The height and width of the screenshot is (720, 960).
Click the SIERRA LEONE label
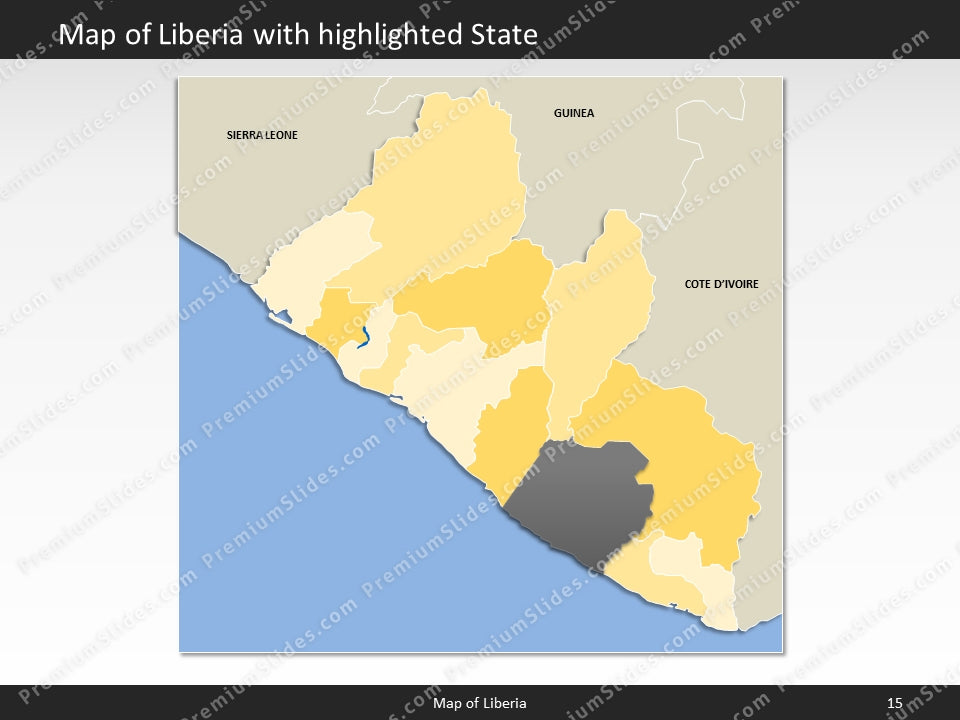pos(262,135)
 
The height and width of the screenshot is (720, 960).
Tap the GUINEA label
pos(574,113)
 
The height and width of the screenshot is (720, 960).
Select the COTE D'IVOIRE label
pos(721,284)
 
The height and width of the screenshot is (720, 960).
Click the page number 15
pos(894,703)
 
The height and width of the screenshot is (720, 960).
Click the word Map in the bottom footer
pos(447,703)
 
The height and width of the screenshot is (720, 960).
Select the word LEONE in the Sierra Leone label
pos(281,135)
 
